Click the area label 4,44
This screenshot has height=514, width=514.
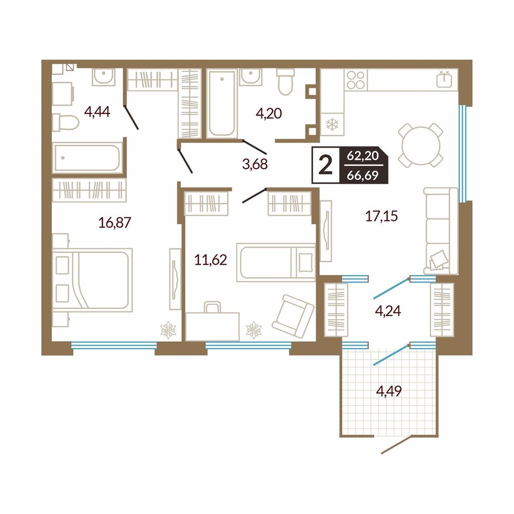coord(97,112)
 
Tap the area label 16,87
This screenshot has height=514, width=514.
coord(115,223)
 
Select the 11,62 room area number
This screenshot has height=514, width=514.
coord(210,260)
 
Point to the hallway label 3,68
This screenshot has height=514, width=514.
coord(255,163)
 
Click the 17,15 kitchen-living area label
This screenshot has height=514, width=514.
coord(381,216)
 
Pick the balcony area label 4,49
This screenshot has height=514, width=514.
coord(389,391)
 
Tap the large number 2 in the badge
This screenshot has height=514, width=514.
coord(325,165)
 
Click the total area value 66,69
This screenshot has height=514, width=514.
coord(362,176)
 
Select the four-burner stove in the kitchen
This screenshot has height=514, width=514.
coord(356,80)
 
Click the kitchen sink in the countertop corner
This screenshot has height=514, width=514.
coord(444,79)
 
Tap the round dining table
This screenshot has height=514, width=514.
coord(421,144)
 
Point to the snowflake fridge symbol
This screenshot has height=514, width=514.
coord(333,124)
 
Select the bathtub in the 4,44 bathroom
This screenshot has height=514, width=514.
coord(87,158)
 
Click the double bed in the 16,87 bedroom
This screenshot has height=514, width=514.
coord(93,280)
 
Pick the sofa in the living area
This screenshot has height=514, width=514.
coord(441,231)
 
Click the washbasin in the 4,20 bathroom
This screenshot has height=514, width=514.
coord(251,78)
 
